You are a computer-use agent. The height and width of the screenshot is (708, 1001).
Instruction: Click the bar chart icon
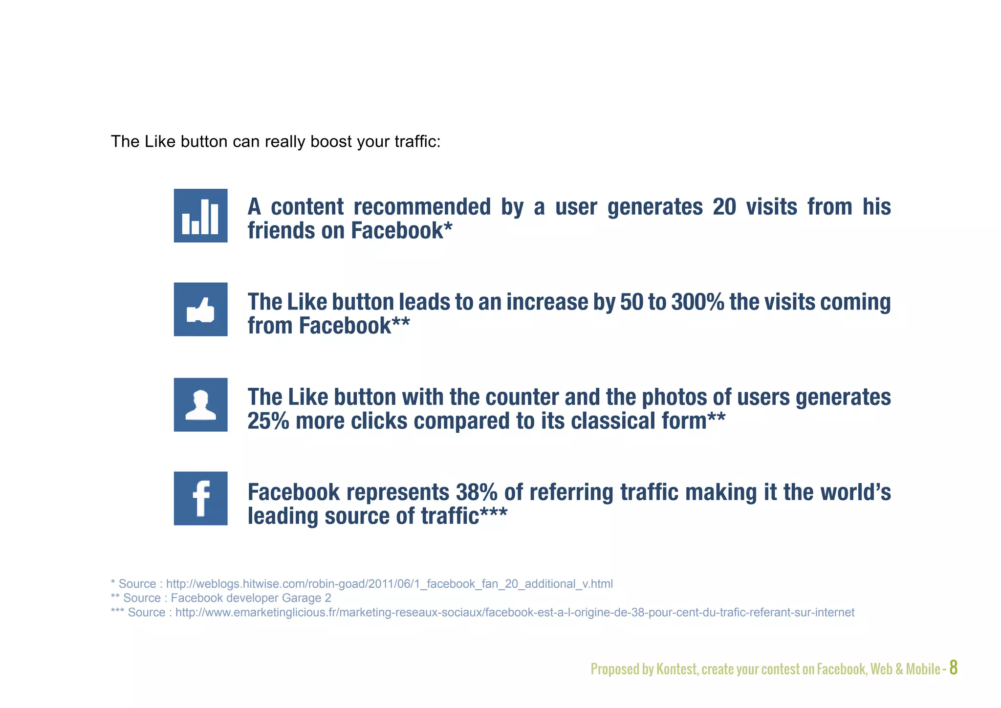(200, 216)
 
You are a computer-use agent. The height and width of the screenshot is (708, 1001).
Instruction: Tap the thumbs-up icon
(200, 310)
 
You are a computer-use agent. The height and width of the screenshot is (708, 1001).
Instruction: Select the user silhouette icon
(200, 405)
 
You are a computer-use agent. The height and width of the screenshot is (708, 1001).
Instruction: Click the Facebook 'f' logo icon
(200, 498)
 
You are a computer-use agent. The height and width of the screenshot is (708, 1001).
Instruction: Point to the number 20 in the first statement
(724, 207)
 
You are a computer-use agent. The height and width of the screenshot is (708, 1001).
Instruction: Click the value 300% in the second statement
(697, 302)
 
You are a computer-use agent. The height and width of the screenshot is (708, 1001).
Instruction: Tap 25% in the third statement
(268, 421)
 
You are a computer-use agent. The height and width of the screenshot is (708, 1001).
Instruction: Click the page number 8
(953, 667)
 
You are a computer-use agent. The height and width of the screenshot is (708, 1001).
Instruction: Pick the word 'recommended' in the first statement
(422, 207)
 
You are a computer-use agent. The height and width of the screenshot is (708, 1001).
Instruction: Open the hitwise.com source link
(389, 584)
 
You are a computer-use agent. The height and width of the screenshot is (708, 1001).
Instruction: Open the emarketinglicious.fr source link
(515, 613)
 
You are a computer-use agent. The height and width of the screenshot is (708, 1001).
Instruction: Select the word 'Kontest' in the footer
(676, 669)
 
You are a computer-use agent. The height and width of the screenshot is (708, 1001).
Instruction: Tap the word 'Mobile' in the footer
(923, 669)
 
